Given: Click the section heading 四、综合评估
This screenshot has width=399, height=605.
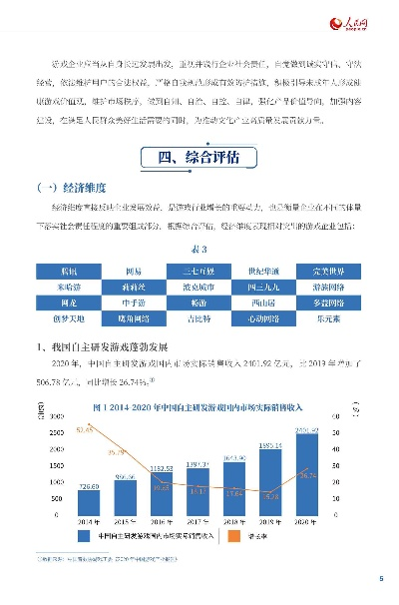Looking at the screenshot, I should [199, 158].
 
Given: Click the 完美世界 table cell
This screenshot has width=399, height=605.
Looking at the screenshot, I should [332, 269].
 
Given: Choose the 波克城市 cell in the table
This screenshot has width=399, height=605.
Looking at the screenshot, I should [199, 286].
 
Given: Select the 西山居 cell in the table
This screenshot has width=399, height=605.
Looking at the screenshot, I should [265, 302].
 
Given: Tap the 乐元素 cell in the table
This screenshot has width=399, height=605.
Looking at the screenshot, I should [332, 319].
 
